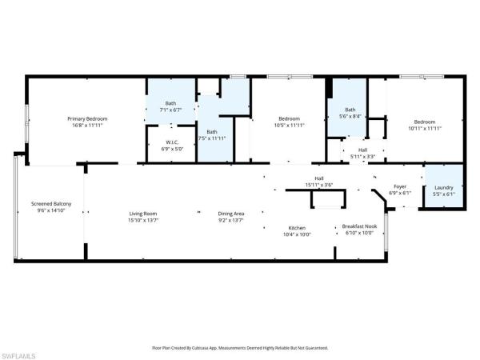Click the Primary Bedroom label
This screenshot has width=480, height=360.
click(x=86, y=118)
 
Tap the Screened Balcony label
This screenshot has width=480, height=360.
click(x=51, y=204)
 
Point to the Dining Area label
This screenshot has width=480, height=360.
click(x=231, y=214)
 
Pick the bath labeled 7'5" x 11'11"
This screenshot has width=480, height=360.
click(x=212, y=132)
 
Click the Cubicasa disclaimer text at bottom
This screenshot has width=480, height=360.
click(x=239, y=348)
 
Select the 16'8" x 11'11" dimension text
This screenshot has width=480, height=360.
click(x=86, y=125)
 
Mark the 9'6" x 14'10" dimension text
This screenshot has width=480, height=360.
click(x=51, y=210)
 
